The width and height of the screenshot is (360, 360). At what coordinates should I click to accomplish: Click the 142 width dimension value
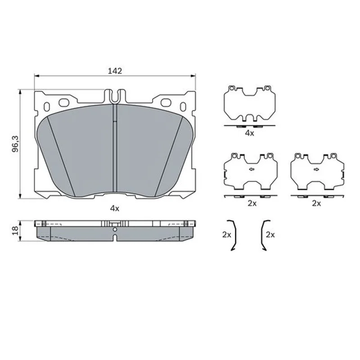click(115, 71)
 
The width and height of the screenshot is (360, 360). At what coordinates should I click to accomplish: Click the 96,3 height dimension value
click(15, 144)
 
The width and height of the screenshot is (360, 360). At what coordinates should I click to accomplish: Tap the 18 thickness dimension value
click(15, 230)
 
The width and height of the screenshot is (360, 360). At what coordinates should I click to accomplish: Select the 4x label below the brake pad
click(115, 208)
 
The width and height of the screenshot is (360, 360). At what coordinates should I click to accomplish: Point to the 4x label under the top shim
click(249, 133)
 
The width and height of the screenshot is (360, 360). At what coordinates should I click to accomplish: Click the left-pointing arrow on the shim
click(252, 170)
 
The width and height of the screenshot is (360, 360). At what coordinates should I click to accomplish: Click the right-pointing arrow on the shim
click(316, 170)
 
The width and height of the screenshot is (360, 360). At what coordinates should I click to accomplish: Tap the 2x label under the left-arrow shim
click(252, 203)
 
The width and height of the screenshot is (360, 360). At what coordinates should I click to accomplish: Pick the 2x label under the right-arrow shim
click(316, 203)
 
